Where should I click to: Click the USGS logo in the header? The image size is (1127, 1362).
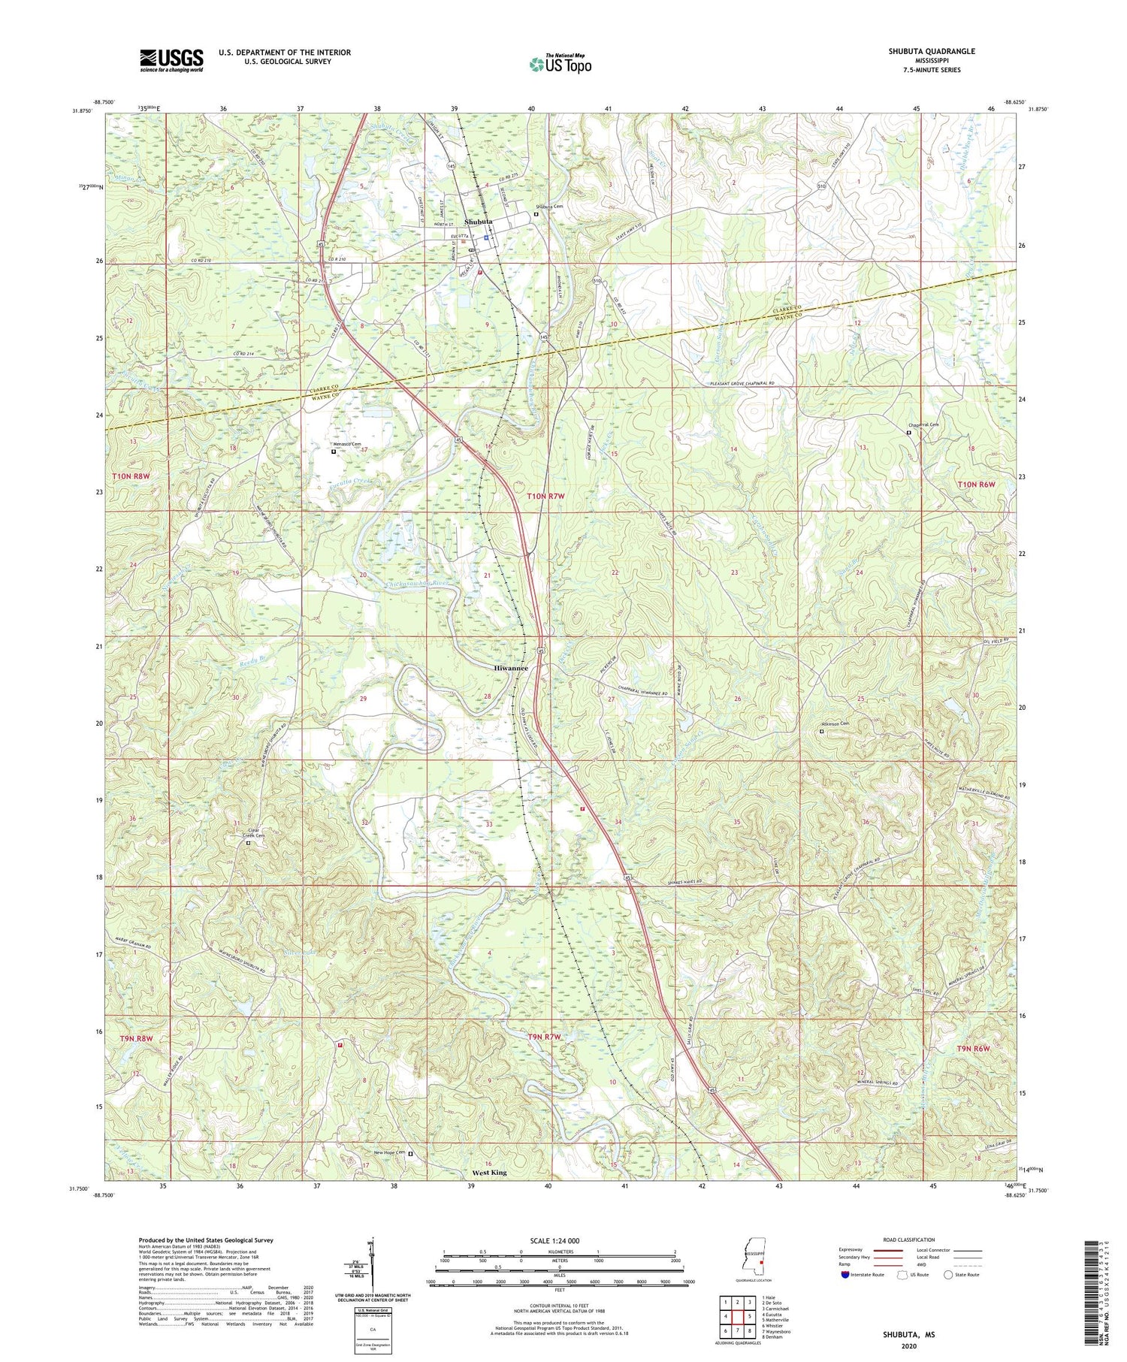[x=171, y=60]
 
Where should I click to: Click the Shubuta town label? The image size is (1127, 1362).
[x=479, y=222]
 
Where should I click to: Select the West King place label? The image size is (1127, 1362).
[x=489, y=1172]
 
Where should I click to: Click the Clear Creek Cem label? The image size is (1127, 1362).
[x=254, y=832]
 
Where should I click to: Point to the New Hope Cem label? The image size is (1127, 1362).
[x=390, y=1152]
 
